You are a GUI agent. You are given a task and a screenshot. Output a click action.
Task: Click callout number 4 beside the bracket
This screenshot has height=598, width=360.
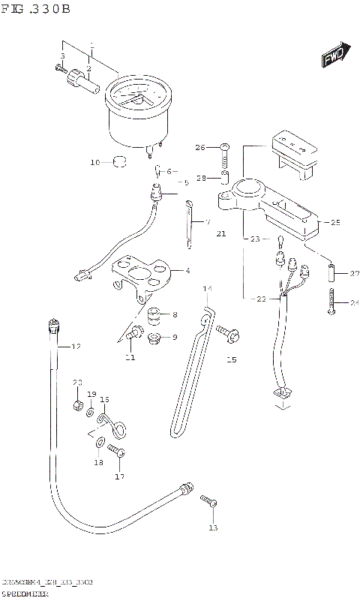click(x=187, y=271)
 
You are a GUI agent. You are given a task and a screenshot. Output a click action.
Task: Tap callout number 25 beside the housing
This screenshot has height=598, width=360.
click(x=335, y=223)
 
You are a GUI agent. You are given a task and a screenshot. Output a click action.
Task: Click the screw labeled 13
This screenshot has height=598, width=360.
click(x=208, y=500)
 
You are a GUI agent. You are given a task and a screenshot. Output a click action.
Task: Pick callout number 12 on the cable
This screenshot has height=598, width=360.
click(x=75, y=346)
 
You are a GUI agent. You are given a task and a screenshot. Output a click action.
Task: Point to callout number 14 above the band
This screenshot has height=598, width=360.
click(x=208, y=289)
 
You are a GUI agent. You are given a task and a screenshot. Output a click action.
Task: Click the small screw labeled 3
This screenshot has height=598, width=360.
click(x=59, y=68)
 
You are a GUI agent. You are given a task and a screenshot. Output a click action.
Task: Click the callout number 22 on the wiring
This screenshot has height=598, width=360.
click(x=260, y=299)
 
